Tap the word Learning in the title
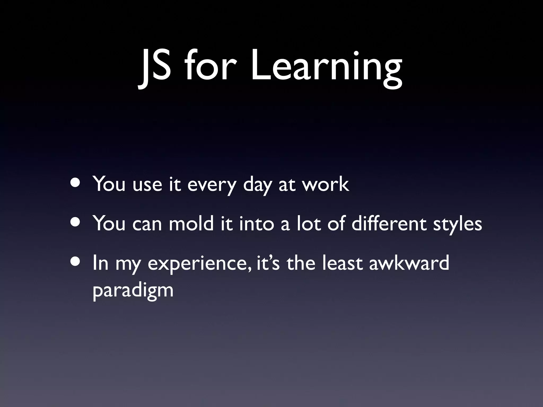pos(326,68)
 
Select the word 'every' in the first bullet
pos(211,185)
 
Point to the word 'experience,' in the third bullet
pos(199,264)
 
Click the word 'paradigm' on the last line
pos(133,291)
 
